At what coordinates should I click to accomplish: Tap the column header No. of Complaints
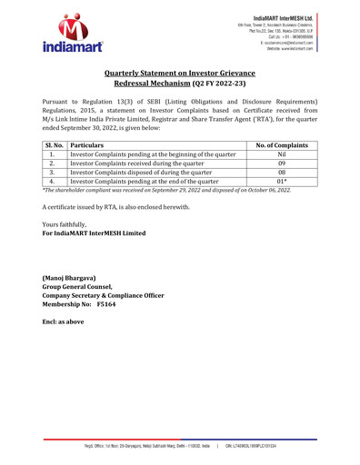click(x=281, y=143)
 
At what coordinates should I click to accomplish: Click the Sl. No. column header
click(x=54, y=143)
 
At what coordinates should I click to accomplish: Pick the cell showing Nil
click(x=281, y=154)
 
